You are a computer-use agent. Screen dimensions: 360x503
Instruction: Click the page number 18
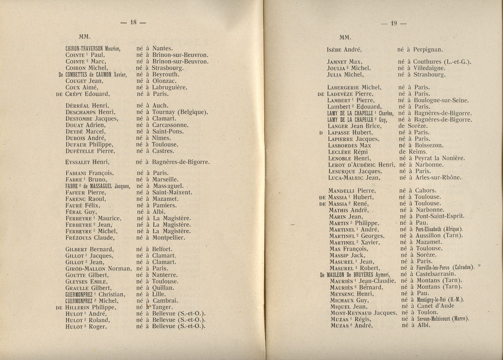pos(134,22)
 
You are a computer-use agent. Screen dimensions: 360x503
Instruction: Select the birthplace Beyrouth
pos(166,74)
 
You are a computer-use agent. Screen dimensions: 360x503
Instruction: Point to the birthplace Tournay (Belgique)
pos(180,112)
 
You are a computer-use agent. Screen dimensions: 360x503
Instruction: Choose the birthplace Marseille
pos(165,179)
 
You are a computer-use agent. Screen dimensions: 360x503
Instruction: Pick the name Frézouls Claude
pos(91,238)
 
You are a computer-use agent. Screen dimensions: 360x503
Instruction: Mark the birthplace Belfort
pos(162,249)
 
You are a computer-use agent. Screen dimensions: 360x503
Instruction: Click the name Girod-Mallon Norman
pos(98,268)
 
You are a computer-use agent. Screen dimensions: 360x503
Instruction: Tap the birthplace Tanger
pos(163,307)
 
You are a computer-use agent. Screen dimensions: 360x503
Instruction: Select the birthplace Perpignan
pos(428,50)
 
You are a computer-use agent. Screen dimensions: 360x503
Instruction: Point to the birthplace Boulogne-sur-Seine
pos(441,100)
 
